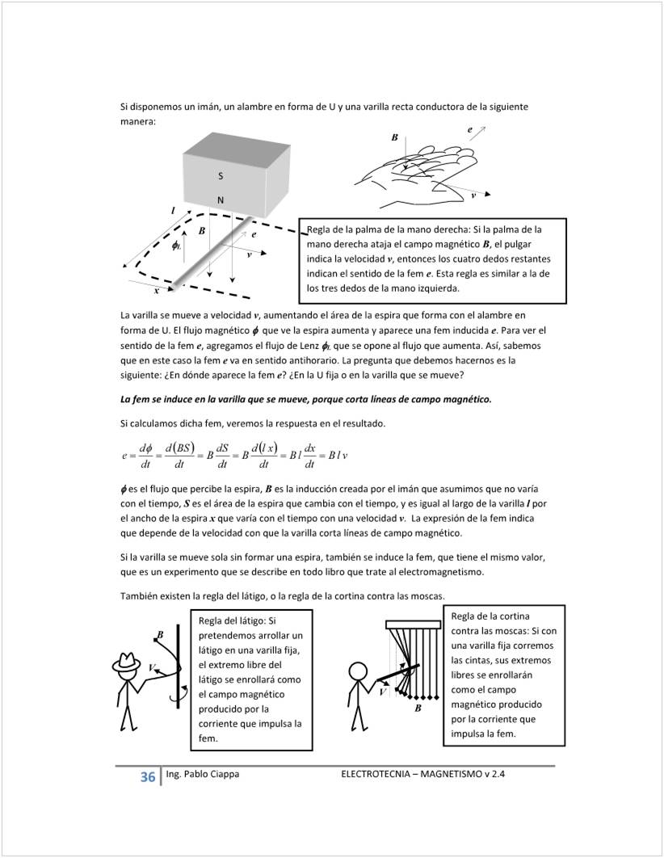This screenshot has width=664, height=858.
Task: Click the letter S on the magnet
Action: (x=221, y=176)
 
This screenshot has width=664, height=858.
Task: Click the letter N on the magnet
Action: (x=221, y=200)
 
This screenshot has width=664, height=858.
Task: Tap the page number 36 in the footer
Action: (x=148, y=777)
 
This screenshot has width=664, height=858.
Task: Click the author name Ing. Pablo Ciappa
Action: (x=202, y=775)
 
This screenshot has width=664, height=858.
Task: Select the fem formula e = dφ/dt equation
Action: (x=234, y=455)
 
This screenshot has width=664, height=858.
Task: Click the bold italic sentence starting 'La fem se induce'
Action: (x=305, y=400)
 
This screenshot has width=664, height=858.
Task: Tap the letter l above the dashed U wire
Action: (x=172, y=211)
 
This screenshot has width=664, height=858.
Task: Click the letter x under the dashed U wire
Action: (x=156, y=292)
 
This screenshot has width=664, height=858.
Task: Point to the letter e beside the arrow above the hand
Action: (x=470, y=129)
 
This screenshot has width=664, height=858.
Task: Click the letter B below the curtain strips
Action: (x=418, y=709)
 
